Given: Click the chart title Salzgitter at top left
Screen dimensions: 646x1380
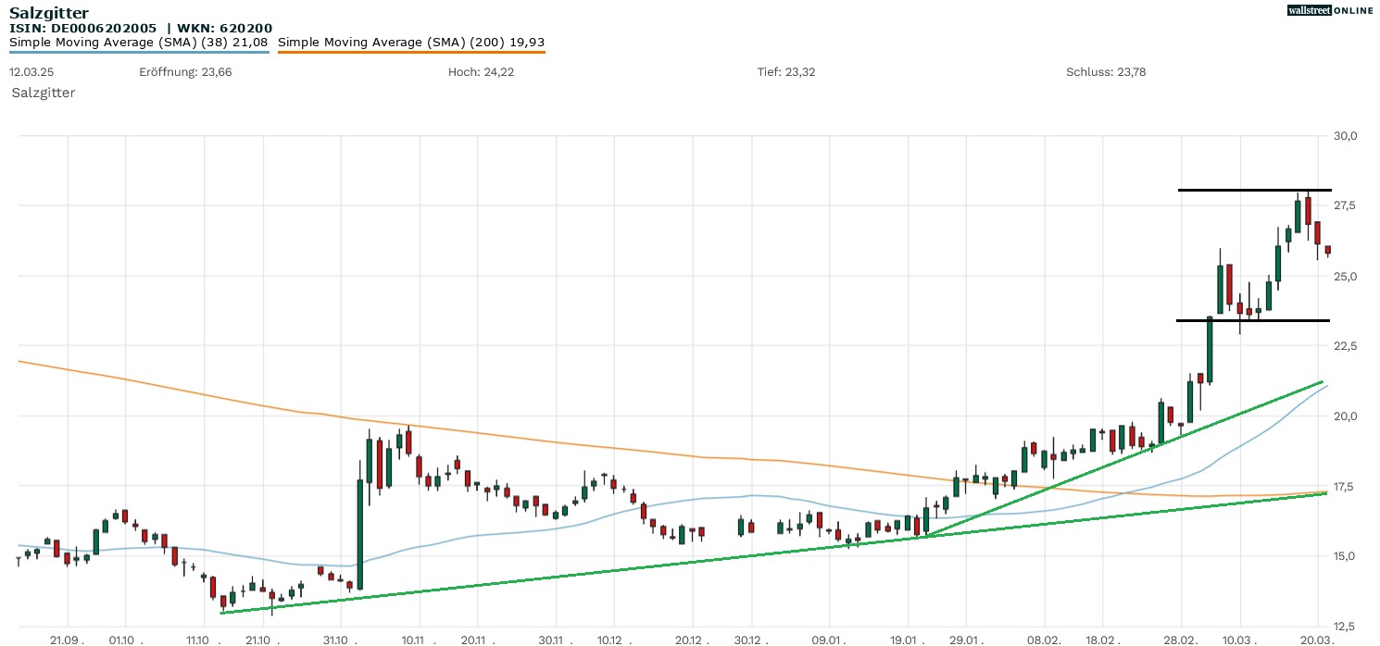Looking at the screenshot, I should point(49,12).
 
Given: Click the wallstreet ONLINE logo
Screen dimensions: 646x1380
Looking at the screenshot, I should point(1330,10).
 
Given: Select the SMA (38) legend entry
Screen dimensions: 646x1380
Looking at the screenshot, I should point(139,42).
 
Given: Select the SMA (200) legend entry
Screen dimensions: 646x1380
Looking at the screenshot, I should point(411,42).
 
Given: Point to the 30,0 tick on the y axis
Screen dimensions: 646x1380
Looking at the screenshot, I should point(1346,136).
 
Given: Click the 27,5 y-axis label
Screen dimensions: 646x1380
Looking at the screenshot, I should point(1346,205).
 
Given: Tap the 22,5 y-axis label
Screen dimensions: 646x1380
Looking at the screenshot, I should point(1346,346).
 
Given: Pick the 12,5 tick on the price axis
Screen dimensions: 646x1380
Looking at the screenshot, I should point(1346,626).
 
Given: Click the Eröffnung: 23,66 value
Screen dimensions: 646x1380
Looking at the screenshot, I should point(185,72).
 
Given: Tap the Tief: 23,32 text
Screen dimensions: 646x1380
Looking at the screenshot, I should point(786,72).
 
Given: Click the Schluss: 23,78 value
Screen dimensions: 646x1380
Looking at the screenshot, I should point(1106,72).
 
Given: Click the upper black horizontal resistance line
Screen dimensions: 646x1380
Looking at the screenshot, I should point(1241,190).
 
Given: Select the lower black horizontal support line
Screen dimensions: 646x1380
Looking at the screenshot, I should point(1241,320).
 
